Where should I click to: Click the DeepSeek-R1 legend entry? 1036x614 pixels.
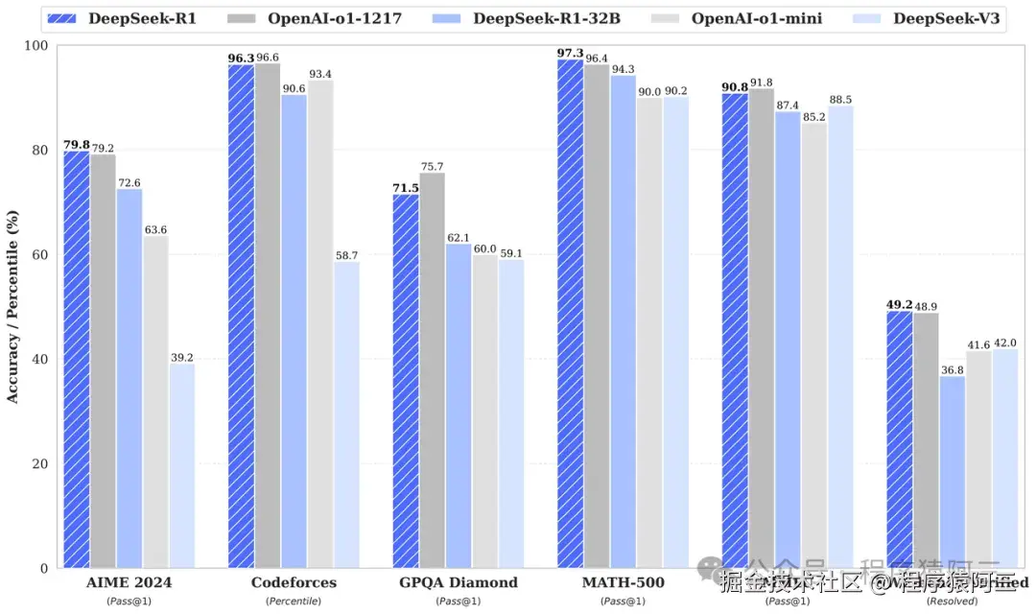(x=129, y=18)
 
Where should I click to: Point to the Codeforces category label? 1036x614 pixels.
(x=294, y=582)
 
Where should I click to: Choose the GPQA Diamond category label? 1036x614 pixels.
(x=459, y=582)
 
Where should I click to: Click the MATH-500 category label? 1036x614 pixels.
(x=624, y=582)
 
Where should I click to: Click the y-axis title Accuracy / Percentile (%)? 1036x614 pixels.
(x=12, y=308)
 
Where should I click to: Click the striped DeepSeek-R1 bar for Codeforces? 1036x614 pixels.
(x=241, y=317)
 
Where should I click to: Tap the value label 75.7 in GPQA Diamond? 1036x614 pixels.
(x=432, y=166)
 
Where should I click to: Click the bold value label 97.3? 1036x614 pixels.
(x=570, y=52)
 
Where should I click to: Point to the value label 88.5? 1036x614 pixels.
(x=840, y=98)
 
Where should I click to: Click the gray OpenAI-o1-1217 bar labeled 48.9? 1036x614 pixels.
(x=927, y=440)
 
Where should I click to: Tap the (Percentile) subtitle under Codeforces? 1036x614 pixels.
(x=294, y=601)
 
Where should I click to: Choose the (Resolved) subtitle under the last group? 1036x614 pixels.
(x=953, y=601)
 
